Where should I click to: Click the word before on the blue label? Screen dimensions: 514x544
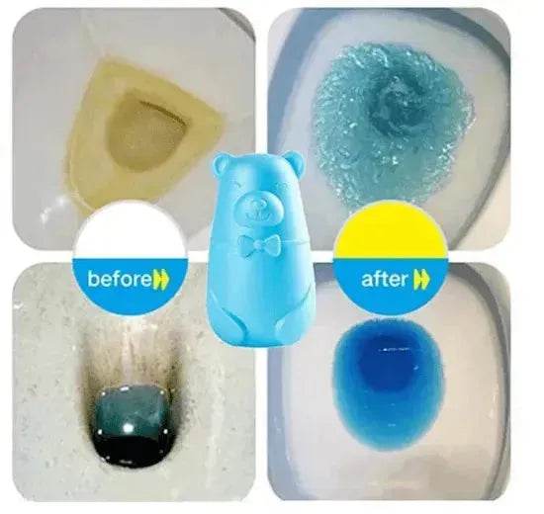[120, 278]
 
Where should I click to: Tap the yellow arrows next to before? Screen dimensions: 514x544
[162, 279]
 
